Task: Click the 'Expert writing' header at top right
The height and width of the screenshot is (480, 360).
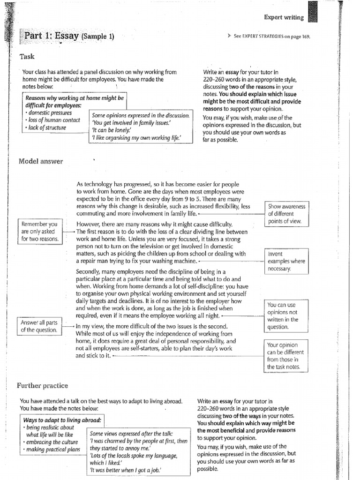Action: coord(284,17)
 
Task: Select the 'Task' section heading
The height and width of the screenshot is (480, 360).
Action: coord(27,56)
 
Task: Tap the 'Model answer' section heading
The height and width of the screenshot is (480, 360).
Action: coord(41,161)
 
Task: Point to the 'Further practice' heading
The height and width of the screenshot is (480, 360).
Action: coord(43,385)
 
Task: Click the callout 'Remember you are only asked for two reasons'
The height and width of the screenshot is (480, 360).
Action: coord(39,231)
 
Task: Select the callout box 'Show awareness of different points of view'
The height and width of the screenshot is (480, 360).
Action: coord(286,214)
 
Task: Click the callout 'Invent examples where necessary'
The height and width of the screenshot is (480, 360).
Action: coord(286,261)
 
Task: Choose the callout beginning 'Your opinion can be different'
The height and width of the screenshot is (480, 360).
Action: coord(285,356)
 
